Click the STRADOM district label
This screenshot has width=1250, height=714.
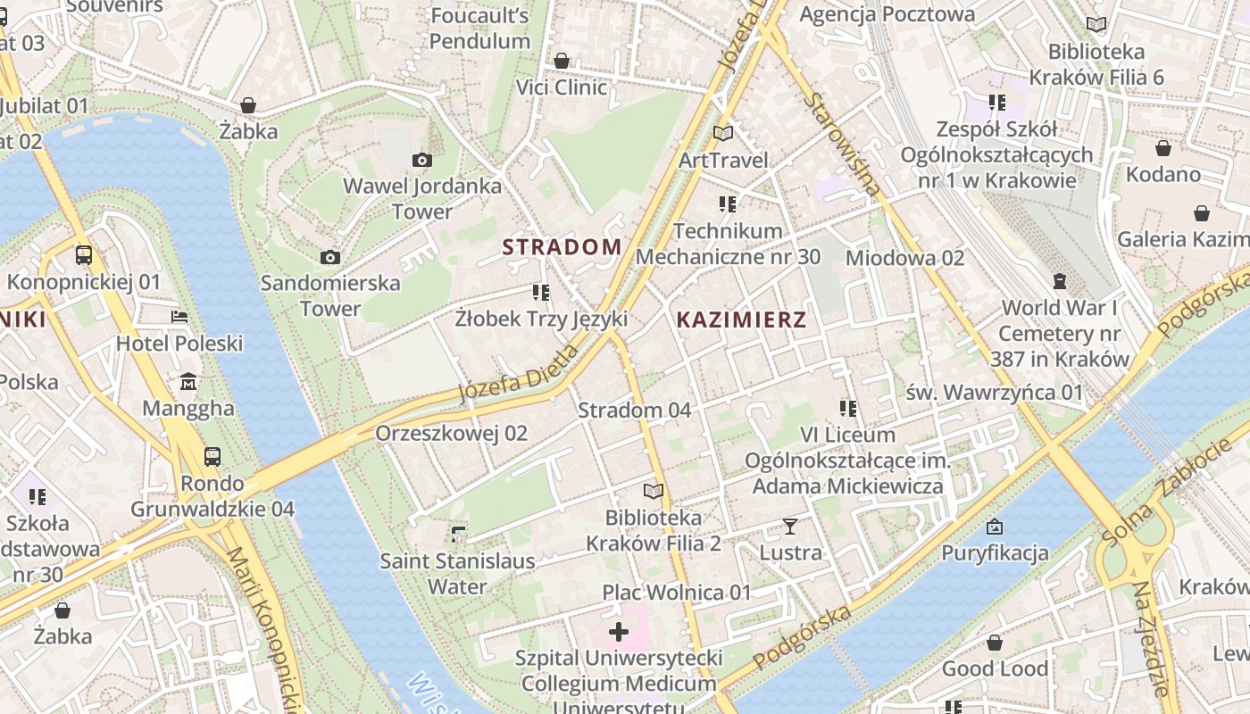pos(562,247)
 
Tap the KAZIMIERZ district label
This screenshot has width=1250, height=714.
pos(741,320)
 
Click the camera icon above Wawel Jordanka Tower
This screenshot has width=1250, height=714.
pos(422,161)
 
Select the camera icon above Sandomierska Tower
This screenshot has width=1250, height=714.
pos(330,258)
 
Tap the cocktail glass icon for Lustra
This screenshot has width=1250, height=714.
pos(790,526)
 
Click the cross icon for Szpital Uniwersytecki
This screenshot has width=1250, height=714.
pos(618,633)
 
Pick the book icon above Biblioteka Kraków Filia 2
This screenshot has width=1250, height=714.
pos(654,491)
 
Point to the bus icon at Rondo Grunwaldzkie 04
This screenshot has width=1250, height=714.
pos(212,457)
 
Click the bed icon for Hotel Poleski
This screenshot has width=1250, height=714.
pos(179,317)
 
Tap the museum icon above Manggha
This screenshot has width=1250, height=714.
pos(188,382)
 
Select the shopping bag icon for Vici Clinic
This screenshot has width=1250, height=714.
pos(562,61)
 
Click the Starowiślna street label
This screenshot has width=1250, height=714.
pos(842,144)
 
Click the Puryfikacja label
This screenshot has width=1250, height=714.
pos(995,553)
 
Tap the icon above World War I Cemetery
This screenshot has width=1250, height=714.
pos(1060,281)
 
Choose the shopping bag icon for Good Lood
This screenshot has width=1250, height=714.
pos(995,643)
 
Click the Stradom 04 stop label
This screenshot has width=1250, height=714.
pos(634,411)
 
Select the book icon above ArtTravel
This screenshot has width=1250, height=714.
pos(723,133)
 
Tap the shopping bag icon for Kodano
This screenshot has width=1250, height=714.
pos(1162,148)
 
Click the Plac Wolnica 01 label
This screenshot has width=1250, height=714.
pos(677,593)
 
